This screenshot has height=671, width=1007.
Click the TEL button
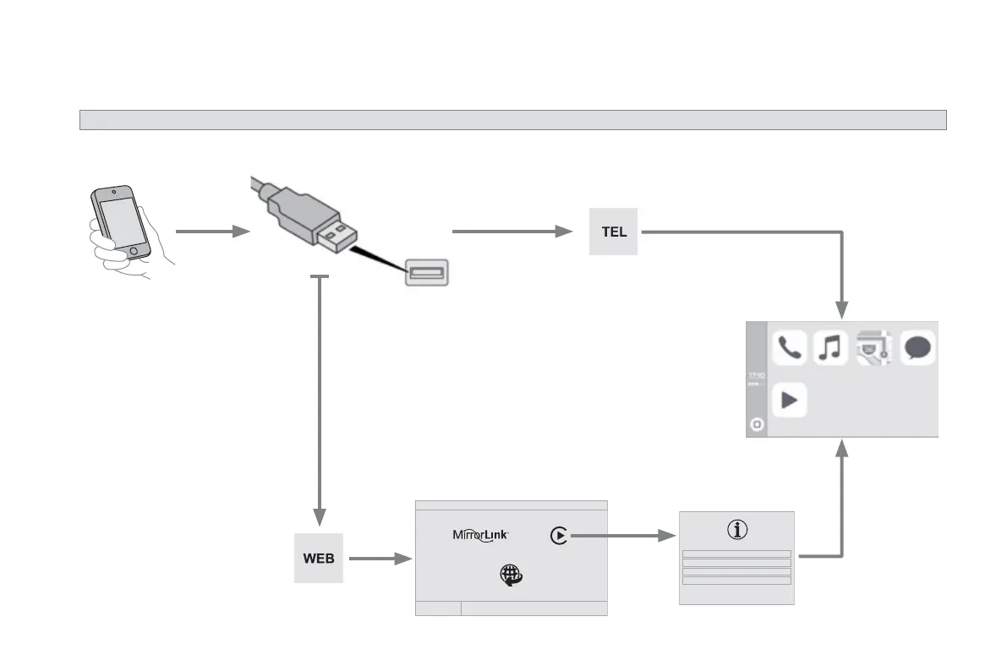pyautogui.click(x=614, y=232)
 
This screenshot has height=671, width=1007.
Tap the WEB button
pyautogui.click(x=319, y=559)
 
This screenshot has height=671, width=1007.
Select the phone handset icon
pyautogui.click(x=790, y=347)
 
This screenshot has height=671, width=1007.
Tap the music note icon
pyautogui.click(x=830, y=347)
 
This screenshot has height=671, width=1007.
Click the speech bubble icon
pyautogui.click(x=918, y=347)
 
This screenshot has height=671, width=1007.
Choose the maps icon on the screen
pyautogui.click(x=874, y=347)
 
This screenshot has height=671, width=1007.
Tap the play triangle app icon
pyautogui.click(x=790, y=400)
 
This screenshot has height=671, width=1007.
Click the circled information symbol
pyautogui.click(x=738, y=530)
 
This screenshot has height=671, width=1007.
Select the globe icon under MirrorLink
pyautogui.click(x=512, y=575)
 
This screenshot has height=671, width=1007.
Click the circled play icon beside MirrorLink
pyautogui.click(x=558, y=535)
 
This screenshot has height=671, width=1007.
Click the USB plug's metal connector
pyautogui.click(x=334, y=236)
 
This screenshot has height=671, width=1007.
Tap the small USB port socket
pyautogui.click(x=426, y=272)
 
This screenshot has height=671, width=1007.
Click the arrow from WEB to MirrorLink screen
pyautogui.click(x=380, y=559)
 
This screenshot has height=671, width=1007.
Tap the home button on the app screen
pyautogui.click(x=757, y=425)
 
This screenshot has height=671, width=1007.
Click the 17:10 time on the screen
pyautogui.click(x=757, y=374)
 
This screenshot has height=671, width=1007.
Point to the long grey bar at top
pyautogui.click(x=512, y=119)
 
